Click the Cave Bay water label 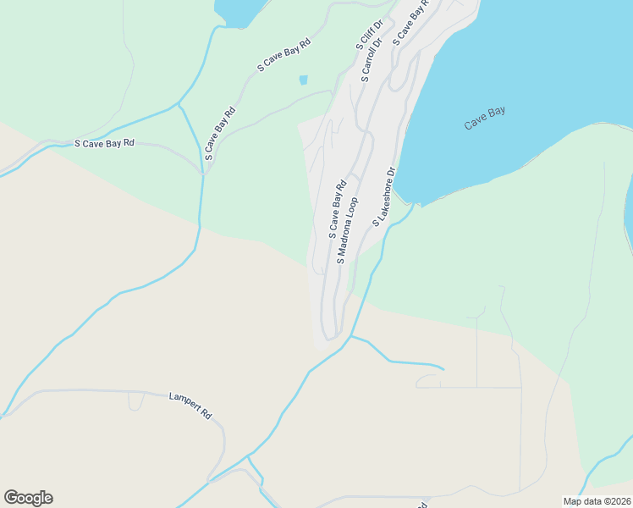pos(485,118)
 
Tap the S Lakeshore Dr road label pos(384,196)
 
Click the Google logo pos(28,498)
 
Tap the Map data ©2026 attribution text pos(596,501)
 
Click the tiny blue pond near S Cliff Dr pos(303,80)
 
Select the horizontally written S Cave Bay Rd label pos(104,144)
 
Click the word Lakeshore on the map pos(383,192)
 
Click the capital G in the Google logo pos(12,498)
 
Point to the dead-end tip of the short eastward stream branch pos(443,368)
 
